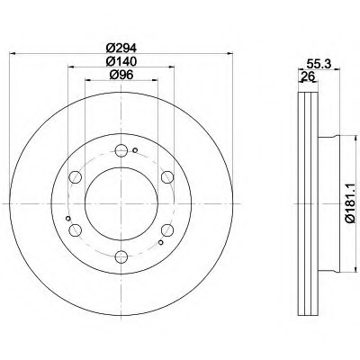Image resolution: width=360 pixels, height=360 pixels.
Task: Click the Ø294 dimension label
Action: (x=121, y=48)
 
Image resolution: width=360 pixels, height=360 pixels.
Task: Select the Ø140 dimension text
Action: (x=121, y=61)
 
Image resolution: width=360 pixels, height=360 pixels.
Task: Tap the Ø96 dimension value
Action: (x=121, y=75)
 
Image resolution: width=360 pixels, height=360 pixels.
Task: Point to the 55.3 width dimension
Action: (x=319, y=64)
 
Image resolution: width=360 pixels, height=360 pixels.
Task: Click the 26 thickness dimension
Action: (x=308, y=76)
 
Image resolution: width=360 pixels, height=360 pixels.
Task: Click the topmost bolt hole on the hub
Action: (x=121, y=150)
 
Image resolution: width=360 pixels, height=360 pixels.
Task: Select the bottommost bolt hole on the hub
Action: (x=121, y=256)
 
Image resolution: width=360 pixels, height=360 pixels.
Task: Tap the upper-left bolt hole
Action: (x=75, y=177)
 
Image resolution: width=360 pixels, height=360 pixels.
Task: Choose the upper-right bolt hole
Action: (x=167, y=177)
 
